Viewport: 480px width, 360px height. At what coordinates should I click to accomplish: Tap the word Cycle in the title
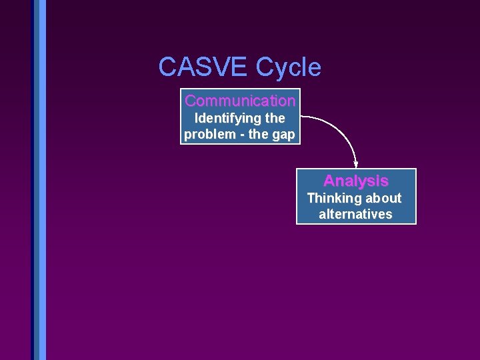tap(288, 67)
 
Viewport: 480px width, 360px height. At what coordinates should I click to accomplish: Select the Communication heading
tap(240, 101)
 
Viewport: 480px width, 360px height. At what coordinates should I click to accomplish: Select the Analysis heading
tap(355, 181)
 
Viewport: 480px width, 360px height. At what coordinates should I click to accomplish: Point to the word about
tap(382, 198)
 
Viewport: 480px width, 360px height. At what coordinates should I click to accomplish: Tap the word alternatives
tap(355, 214)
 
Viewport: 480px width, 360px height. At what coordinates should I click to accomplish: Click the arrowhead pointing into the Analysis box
tap(356, 164)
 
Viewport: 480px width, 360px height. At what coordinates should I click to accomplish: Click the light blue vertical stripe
tap(43, 180)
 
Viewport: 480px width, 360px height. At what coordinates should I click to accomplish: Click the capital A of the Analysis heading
tap(329, 181)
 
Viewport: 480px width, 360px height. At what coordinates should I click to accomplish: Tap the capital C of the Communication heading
tap(190, 101)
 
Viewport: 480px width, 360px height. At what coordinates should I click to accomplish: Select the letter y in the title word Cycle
tap(277, 69)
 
